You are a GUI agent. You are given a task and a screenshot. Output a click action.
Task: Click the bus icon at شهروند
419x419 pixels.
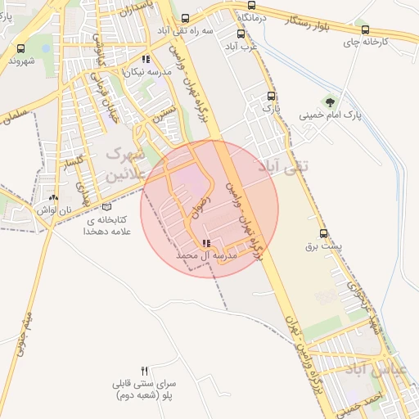coord(20,48)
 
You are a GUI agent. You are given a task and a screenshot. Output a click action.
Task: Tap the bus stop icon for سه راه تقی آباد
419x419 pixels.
coord(186,18)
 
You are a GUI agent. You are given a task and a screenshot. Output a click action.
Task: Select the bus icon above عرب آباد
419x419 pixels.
coord(241,34)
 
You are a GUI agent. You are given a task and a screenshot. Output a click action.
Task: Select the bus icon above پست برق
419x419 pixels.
coord(322,233)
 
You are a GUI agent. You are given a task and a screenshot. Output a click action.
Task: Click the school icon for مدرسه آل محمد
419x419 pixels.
coord(205,243)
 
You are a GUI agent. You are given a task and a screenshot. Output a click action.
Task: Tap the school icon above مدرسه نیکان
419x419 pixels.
coord(146,59)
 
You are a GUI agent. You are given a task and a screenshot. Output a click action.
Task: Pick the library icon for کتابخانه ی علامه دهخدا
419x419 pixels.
coord(106,207)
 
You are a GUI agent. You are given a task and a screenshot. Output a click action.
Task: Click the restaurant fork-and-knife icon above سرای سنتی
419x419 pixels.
coord(145,371)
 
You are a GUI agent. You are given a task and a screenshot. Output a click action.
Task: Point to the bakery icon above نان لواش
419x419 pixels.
coord(54,197)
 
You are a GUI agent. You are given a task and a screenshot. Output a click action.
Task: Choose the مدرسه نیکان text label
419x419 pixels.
coord(146,72)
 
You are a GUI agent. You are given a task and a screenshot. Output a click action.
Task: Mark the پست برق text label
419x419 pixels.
coord(322,246)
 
